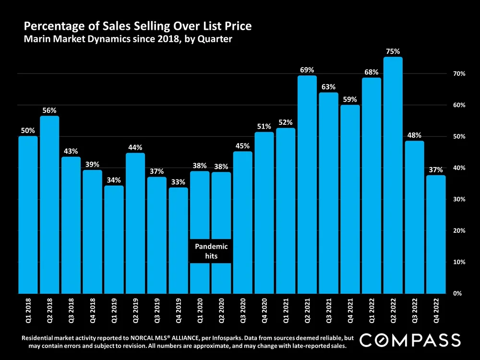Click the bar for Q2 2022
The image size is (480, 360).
click(393, 175)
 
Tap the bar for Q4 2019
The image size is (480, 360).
click(178, 240)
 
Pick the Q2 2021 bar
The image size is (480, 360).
click(307, 184)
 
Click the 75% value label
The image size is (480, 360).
click(393, 50)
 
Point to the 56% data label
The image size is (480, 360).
click(49, 109)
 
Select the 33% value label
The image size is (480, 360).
click(178, 181)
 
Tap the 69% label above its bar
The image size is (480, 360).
click(307, 70)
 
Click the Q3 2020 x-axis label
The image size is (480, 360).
click(243, 310)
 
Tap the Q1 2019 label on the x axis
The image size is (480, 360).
click(114, 310)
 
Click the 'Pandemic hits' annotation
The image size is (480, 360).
click(211, 251)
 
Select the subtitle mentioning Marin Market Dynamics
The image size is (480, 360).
click(128, 39)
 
